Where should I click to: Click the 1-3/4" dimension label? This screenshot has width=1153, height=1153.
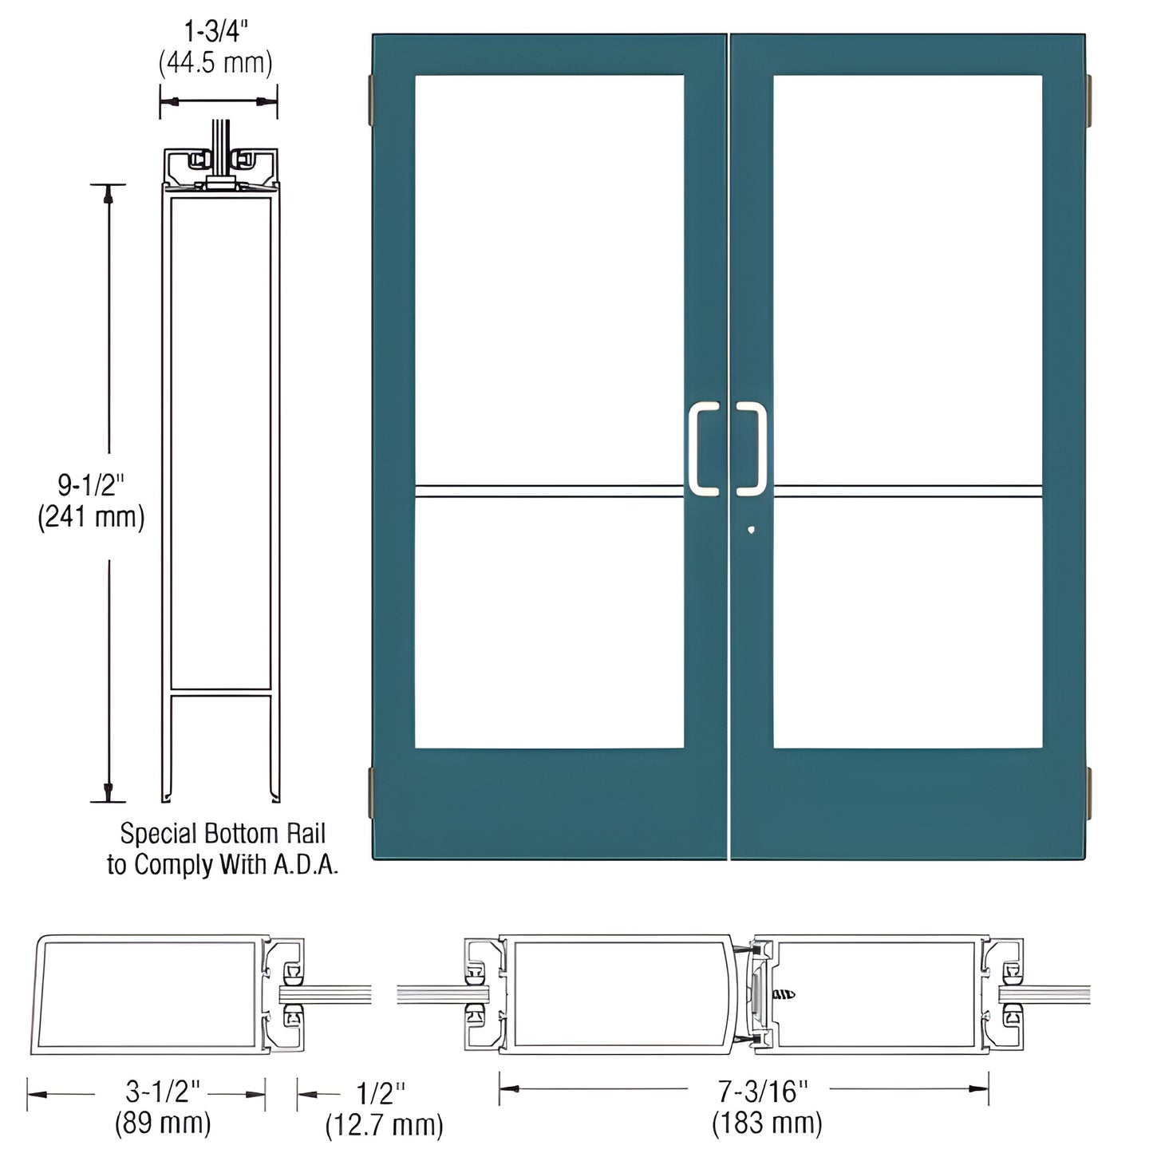coord(217,32)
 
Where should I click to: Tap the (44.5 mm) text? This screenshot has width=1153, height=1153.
coord(216,62)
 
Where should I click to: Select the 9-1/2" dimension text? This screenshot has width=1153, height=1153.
coord(92,485)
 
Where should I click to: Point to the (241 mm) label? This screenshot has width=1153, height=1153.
coord(92,517)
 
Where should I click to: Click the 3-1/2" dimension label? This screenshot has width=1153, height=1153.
coord(163,1091)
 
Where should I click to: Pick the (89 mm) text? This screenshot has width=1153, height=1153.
coord(163,1123)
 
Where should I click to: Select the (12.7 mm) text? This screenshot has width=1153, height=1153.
coord(384,1125)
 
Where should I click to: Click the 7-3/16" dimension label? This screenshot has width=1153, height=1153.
coord(763,1090)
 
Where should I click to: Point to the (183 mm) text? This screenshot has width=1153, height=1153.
coord(767,1123)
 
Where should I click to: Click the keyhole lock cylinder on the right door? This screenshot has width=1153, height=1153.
coord(751,529)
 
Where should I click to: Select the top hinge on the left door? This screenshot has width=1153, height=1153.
coord(370,100)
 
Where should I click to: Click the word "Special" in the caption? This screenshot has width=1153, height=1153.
coord(158,834)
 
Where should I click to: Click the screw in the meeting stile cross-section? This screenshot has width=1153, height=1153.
coord(784,994)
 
